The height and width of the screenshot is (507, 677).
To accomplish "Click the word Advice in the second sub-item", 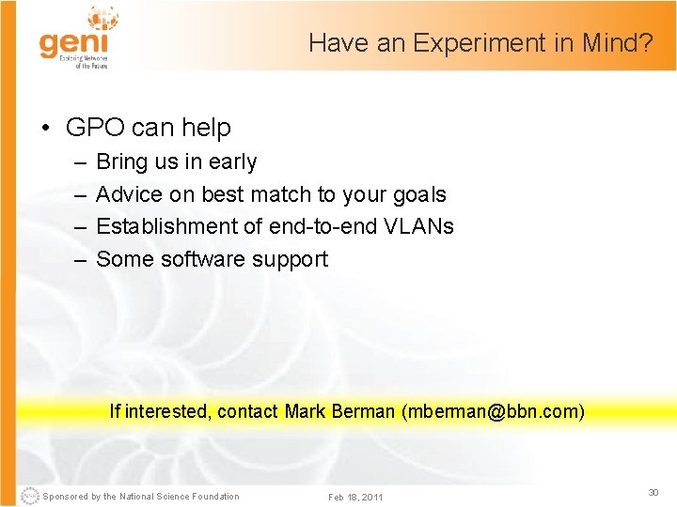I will pos(129,194).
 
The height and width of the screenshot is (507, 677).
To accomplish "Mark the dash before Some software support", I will pos(77,259).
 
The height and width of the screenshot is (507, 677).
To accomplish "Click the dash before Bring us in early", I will pos(77,161).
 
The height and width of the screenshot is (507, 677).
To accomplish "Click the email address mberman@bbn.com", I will pos(493,411).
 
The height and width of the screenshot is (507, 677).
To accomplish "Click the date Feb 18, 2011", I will pos(355,497).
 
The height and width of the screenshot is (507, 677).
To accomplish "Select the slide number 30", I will pos(653,493).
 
